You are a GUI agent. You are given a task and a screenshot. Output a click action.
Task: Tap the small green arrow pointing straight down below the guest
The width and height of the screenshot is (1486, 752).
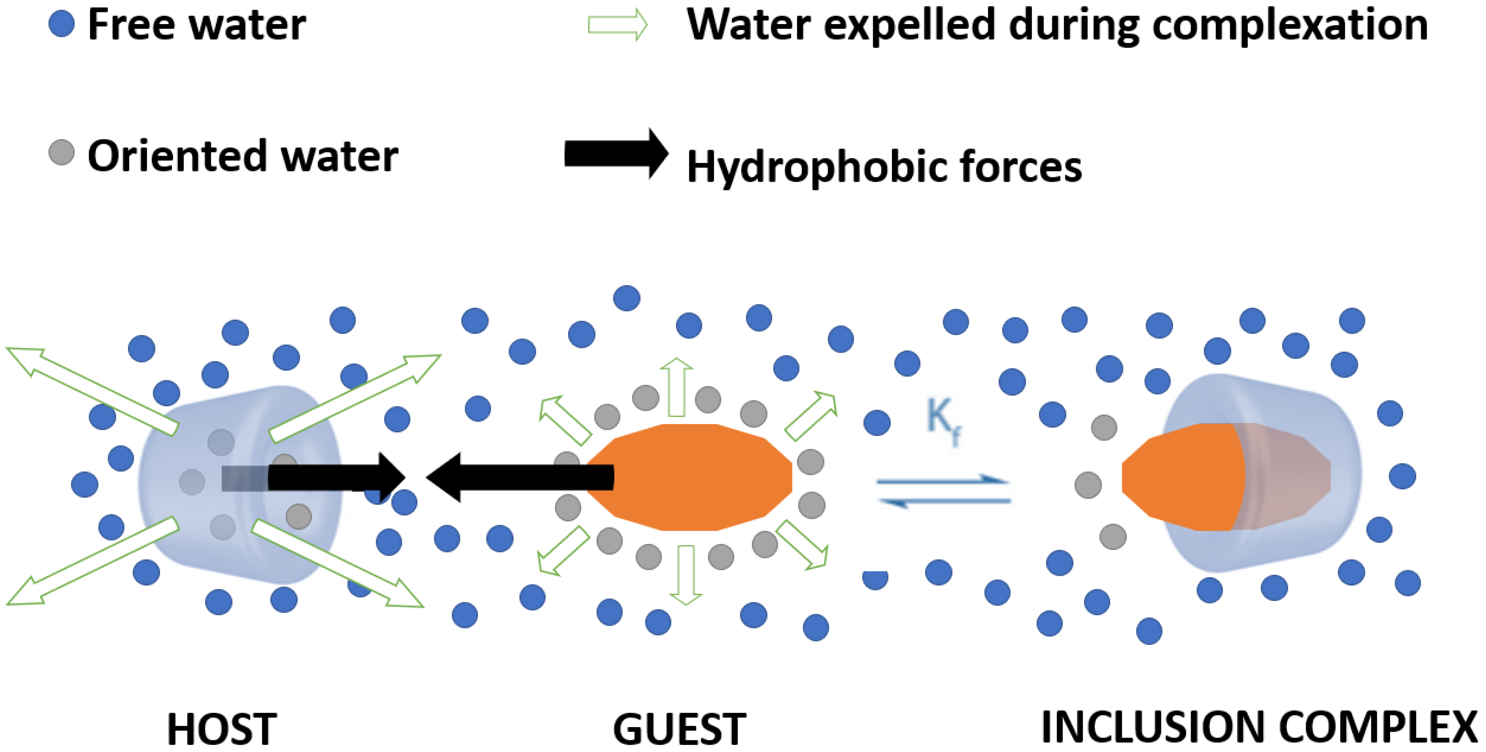(686, 575)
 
